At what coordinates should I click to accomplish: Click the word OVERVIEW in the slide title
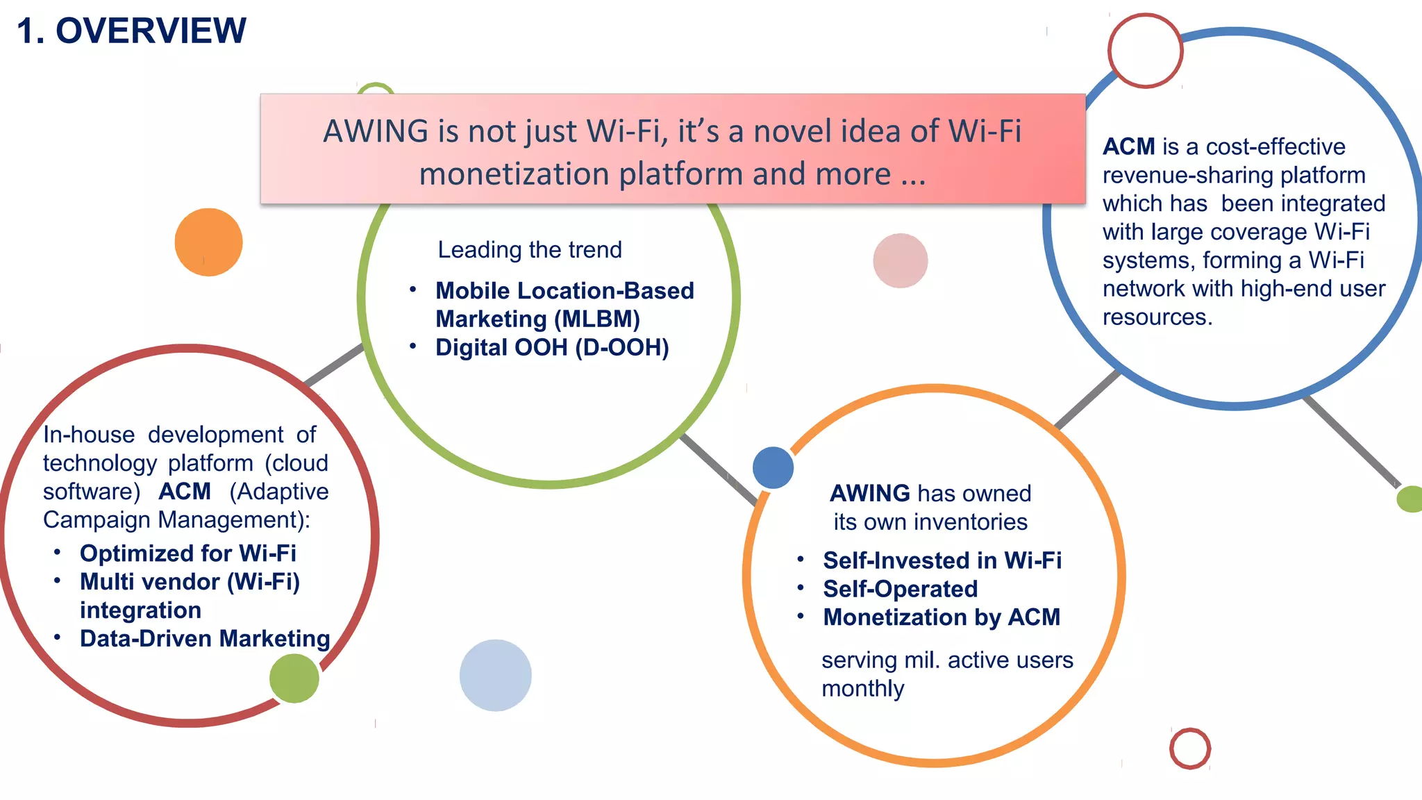click(x=151, y=31)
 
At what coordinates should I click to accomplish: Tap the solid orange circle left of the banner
click(x=208, y=242)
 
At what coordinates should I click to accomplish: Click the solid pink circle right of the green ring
click(x=901, y=260)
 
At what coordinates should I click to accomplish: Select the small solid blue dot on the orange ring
click(x=773, y=467)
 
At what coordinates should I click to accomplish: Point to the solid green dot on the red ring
click(x=294, y=678)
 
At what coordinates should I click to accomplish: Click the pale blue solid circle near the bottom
click(x=495, y=675)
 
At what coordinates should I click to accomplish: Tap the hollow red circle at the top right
click(x=1145, y=51)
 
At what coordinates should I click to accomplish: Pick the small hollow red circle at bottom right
click(x=1190, y=748)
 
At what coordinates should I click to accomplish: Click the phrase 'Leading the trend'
click(x=530, y=250)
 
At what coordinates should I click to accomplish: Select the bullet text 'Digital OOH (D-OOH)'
click(x=552, y=347)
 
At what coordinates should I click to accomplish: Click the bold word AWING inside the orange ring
click(x=870, y=493)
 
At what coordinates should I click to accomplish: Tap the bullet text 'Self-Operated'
click(x=900, y=589)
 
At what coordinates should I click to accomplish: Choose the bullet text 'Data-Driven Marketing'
click(x=205, y=638)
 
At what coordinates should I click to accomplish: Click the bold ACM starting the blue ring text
click(x=1128, y=147)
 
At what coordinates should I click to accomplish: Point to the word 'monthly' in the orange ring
click(x=863, y=689)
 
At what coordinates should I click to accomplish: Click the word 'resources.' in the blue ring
click(x=1157, y=317)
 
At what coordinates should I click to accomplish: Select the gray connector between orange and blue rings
click(x=1088, y=399)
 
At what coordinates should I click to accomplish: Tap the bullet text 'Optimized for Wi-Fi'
click(x=188, y=553)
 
